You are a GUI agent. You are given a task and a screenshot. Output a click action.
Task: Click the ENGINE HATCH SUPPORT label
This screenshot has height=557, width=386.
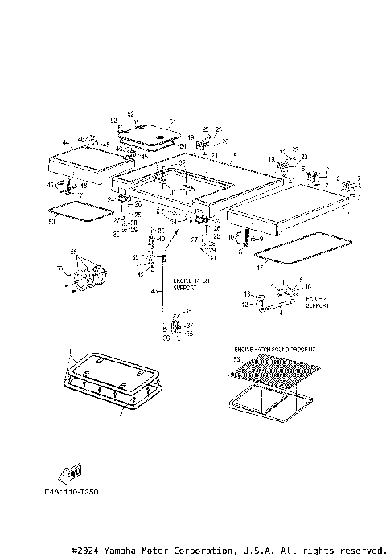tap(184, 285)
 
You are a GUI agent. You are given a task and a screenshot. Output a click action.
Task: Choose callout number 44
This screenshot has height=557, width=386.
tap(53, 142)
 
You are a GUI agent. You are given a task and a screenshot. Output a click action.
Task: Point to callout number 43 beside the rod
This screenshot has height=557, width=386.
tap(154, 290)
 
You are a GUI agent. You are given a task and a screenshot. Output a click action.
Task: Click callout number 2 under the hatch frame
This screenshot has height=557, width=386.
tap(121, 414)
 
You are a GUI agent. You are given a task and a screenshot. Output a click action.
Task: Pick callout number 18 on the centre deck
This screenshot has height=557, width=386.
tap(233, 155)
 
